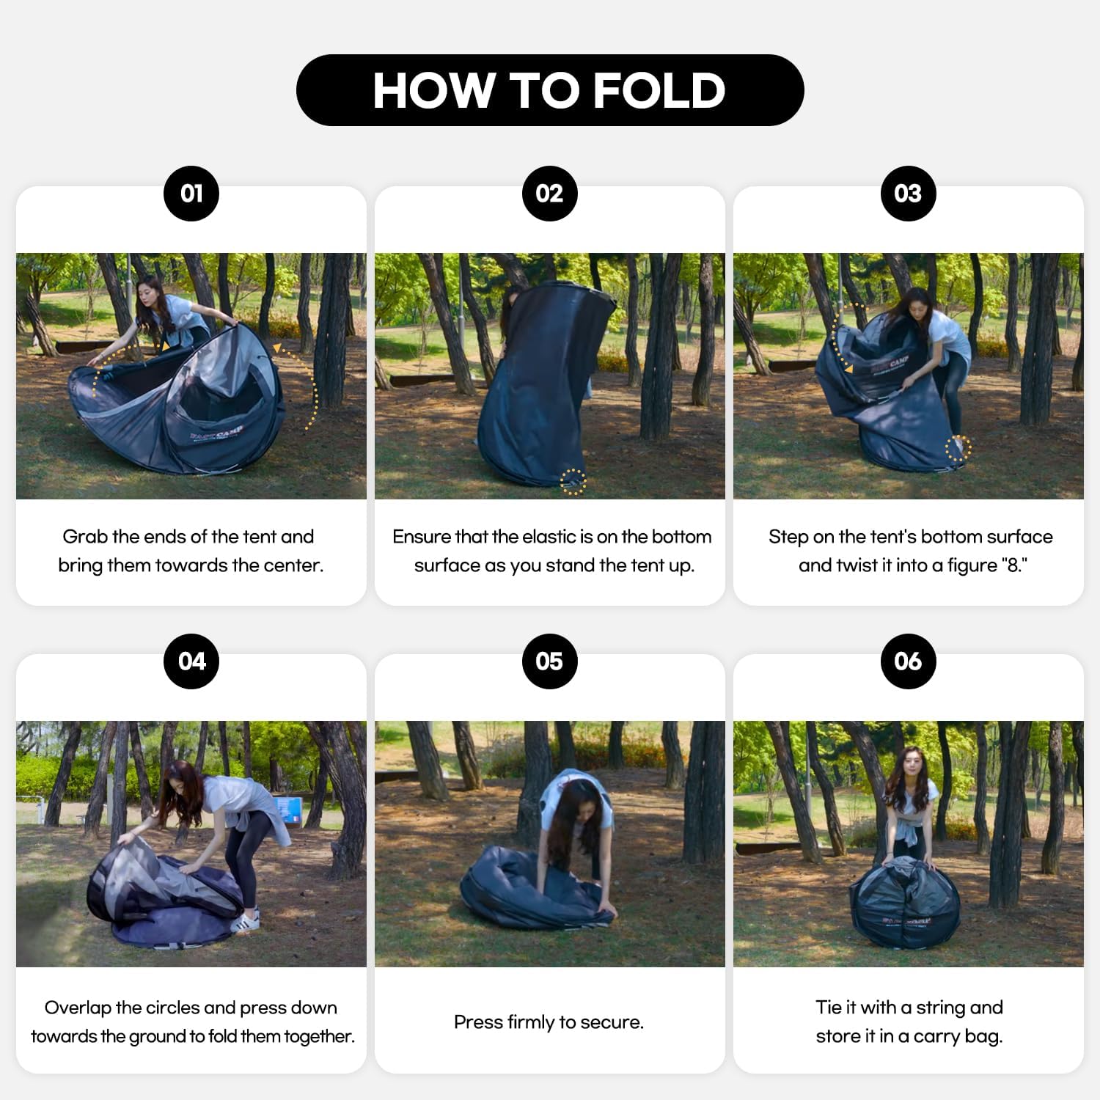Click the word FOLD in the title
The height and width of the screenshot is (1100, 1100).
pyautogui.click(x=659, y=91)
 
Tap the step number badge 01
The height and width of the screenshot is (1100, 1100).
pyautogui.click(x=191, y=194)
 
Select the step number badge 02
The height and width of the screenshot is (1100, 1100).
pyautogui.click(x=550, y=194)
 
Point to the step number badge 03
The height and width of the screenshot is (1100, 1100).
pyautogui.click(x=909, y=194)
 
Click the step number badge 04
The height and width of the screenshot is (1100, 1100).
pyautogui.click(x=191, y=661)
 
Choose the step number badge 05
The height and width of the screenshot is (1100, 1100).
pyautogui.click(x=550, y=661)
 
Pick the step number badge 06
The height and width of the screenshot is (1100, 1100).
pyautogui.click(x=909, y=661)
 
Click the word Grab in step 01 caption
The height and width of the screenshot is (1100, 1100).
pyautogui.click(x=84, y=537)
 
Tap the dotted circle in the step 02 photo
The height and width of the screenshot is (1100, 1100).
pyautogui.click(x=573, y=482)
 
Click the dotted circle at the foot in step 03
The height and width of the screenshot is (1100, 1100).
pyautogui.click(x=958, y=448)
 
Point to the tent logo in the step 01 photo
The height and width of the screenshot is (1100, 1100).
pyautogui.click(x=216, y=433)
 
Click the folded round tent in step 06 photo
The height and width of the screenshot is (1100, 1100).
pyautogui.click(x=904, y=903)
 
